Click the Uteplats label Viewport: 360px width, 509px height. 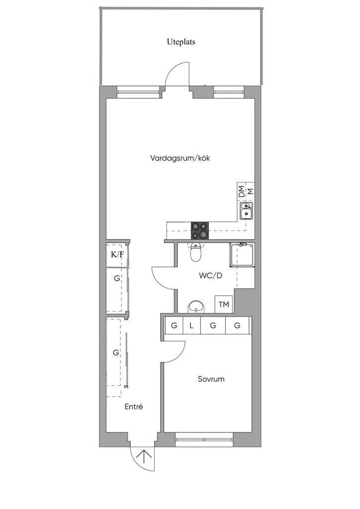(181, 42)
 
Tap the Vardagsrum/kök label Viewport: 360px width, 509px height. (184, 158)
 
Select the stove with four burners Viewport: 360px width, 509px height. (200, 230)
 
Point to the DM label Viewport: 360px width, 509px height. (242, 191)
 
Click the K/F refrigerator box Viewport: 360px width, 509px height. (117, 255)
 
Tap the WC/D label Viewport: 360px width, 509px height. (211, 275)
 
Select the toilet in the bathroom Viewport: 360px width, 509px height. (195, 253)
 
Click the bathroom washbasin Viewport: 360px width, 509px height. (197, 307)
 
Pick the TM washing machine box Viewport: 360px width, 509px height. (224, 304)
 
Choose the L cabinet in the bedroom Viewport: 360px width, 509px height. (191, 326)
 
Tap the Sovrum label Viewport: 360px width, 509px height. (211, 379)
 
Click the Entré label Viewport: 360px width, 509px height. (134, 407)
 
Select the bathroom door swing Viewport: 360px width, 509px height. (163, 279)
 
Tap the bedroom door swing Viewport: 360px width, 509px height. (176, 352)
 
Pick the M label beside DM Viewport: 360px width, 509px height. (251, 191)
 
